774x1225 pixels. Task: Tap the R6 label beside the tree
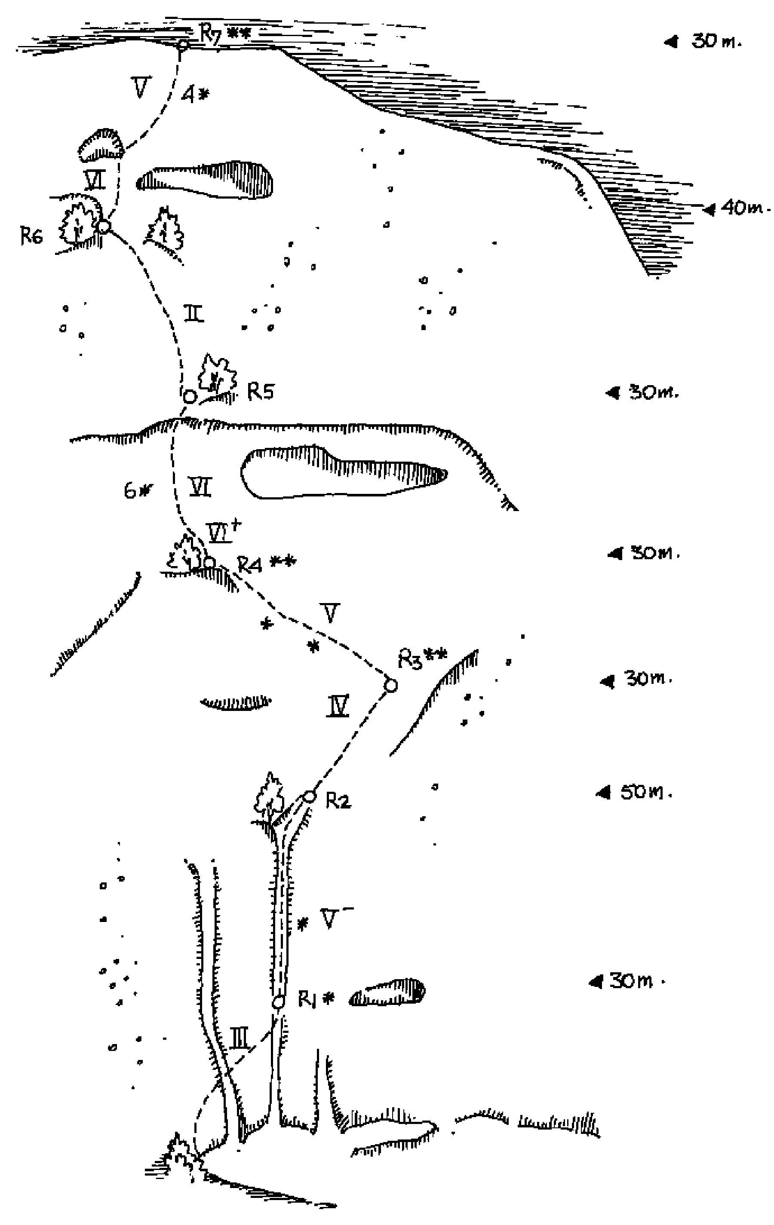pos(31,236)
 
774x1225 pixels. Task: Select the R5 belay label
pos(261,391)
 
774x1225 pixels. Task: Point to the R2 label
pos(338,801)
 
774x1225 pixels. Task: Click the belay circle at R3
pos(390,686)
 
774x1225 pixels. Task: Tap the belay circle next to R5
pos(189,396)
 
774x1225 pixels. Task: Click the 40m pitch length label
pos(740,208)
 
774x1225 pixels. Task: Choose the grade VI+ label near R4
pos(222,532)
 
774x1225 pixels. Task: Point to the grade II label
pos(193,313)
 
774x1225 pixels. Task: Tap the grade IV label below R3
pos(338,706)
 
